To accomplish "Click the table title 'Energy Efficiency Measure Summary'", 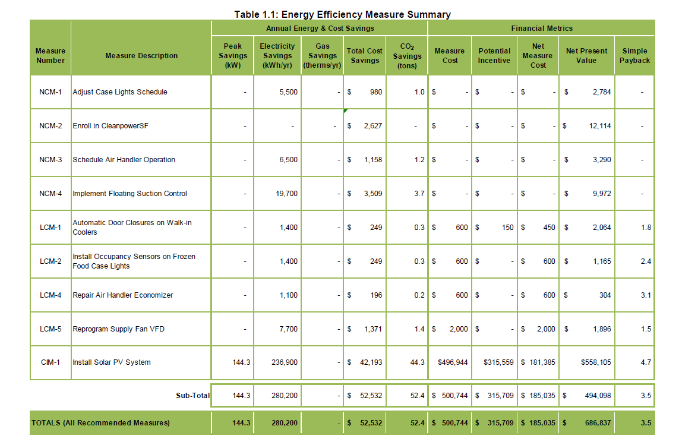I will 342,14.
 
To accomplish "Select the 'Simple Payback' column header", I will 636,56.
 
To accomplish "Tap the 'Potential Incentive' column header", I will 494,56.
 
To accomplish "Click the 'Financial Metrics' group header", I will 541,28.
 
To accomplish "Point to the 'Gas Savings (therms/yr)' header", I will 322,56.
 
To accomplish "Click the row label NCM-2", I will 50,126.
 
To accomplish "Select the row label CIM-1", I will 50,362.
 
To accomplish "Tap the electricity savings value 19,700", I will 288,194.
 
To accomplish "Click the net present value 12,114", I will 600,126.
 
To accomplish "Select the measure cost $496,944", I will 450,362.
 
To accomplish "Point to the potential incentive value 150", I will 507,228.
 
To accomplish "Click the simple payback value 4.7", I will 646,362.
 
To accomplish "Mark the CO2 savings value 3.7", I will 419,194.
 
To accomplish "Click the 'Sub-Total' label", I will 192,396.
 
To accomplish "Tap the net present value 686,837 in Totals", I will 598,423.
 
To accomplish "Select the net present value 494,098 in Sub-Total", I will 598,396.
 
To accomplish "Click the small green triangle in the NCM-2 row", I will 346,111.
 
